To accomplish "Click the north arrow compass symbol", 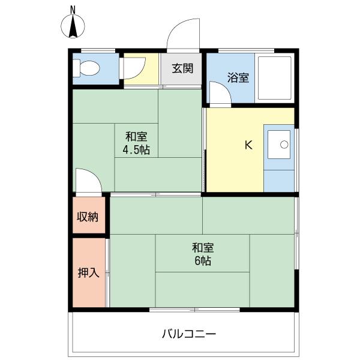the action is click(x=73, y=26).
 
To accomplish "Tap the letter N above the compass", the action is click(x=73, y=10).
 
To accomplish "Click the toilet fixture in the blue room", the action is click(x=86, y=68).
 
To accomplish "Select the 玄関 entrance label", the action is click(x=183, y=68).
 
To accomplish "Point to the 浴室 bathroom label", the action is click(x=238, y=77).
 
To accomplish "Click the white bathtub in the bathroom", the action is click(x=274, y=77).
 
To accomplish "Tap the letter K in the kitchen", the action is click(x=248, y=145).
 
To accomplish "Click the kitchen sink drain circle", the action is click(x=284, y=145).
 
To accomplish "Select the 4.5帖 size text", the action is click(x=136, y=150).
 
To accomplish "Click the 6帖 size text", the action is click(x=203, y=261).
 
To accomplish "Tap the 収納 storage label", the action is click(x=88, y=217).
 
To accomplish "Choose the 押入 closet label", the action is click(x=88, y=273).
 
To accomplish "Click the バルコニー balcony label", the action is click(x=189, y=334).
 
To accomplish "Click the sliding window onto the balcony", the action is click(x=194, y=310).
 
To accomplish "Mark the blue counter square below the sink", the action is click(x=279, y=181).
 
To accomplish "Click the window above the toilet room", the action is click(x=98, y=50).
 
